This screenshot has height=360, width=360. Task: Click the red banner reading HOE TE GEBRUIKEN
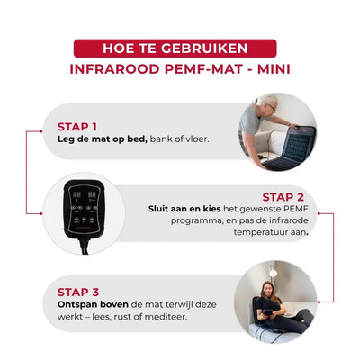click(x=175, y=49)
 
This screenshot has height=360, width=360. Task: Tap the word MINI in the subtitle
click(x=274, y=69)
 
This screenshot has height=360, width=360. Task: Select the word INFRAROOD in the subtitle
click(x=115, y=69)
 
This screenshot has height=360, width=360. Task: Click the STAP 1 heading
click(x=77, y=127)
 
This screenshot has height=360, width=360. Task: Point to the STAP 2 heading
click(x=283, y=197)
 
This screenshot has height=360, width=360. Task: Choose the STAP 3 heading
click(x=78, y=292)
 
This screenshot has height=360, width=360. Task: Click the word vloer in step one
click(x=196, y=139)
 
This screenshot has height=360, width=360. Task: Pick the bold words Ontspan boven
click(x=93, y=304)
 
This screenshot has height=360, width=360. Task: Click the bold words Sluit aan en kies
click(x=184, y=209)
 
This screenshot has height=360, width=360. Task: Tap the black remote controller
click(x=84, y=209)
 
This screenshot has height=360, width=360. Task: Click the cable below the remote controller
click(x=85, y=246)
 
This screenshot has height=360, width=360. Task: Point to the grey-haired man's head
click(x=268, y=103)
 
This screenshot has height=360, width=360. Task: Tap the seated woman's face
click(x=267, y=289)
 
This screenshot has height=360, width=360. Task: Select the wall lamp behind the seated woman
click(x=273, y=273)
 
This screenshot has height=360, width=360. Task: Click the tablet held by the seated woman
click(x=267, y=313)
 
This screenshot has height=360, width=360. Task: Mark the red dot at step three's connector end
click(x=319, y=301)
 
